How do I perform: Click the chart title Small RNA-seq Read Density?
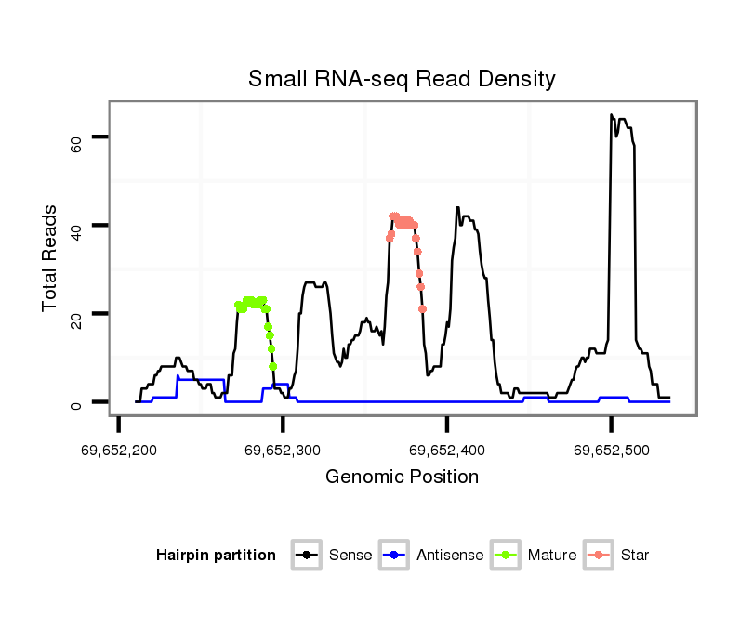pos(402,79)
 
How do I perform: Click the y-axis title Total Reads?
pos(50,257)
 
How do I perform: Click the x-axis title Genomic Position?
pos(402,477)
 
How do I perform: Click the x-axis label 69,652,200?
pos(119,451)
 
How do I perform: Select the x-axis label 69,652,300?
pos(283,451)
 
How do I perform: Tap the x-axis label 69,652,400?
pos(447,451)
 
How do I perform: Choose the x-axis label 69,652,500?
pos(611,451)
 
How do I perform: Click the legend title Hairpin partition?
pos(216,556)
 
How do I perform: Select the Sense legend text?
pos(350,556)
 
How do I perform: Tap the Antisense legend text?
pos(449,556)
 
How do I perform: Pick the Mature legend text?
pos(551,556)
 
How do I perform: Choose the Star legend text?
pos(634,556)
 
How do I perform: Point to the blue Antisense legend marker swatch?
pos(395,556)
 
